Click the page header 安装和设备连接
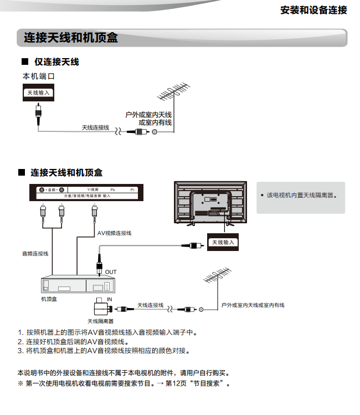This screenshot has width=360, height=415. [313, 11]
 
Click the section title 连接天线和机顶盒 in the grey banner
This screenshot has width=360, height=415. [71, 38]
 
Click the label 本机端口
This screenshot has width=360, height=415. [38, 76]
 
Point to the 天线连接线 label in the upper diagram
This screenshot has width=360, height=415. [95, 127]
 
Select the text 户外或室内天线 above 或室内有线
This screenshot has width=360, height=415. [148, 114]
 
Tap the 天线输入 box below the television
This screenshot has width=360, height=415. [224, 242]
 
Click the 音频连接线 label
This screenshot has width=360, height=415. [35, 253]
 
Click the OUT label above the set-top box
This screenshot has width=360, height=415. [111, 272]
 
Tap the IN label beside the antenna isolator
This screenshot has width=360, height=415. [110, 299]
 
